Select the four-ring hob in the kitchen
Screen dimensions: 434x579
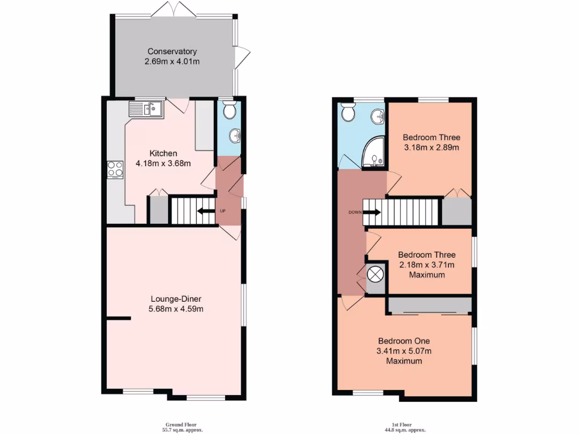coord(115,170)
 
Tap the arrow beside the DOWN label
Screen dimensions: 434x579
coord(371,212)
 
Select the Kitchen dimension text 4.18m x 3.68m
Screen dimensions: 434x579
coord(163,164)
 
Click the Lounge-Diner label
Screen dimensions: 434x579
coord(176,299)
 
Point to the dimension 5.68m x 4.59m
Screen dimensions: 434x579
coord(176,309)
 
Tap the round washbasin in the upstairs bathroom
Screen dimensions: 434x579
coord(377,118)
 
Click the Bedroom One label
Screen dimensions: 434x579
coord(404,341)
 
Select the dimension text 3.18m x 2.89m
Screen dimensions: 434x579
coord(431,147)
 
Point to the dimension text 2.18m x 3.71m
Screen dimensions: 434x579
coord(426,264)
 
